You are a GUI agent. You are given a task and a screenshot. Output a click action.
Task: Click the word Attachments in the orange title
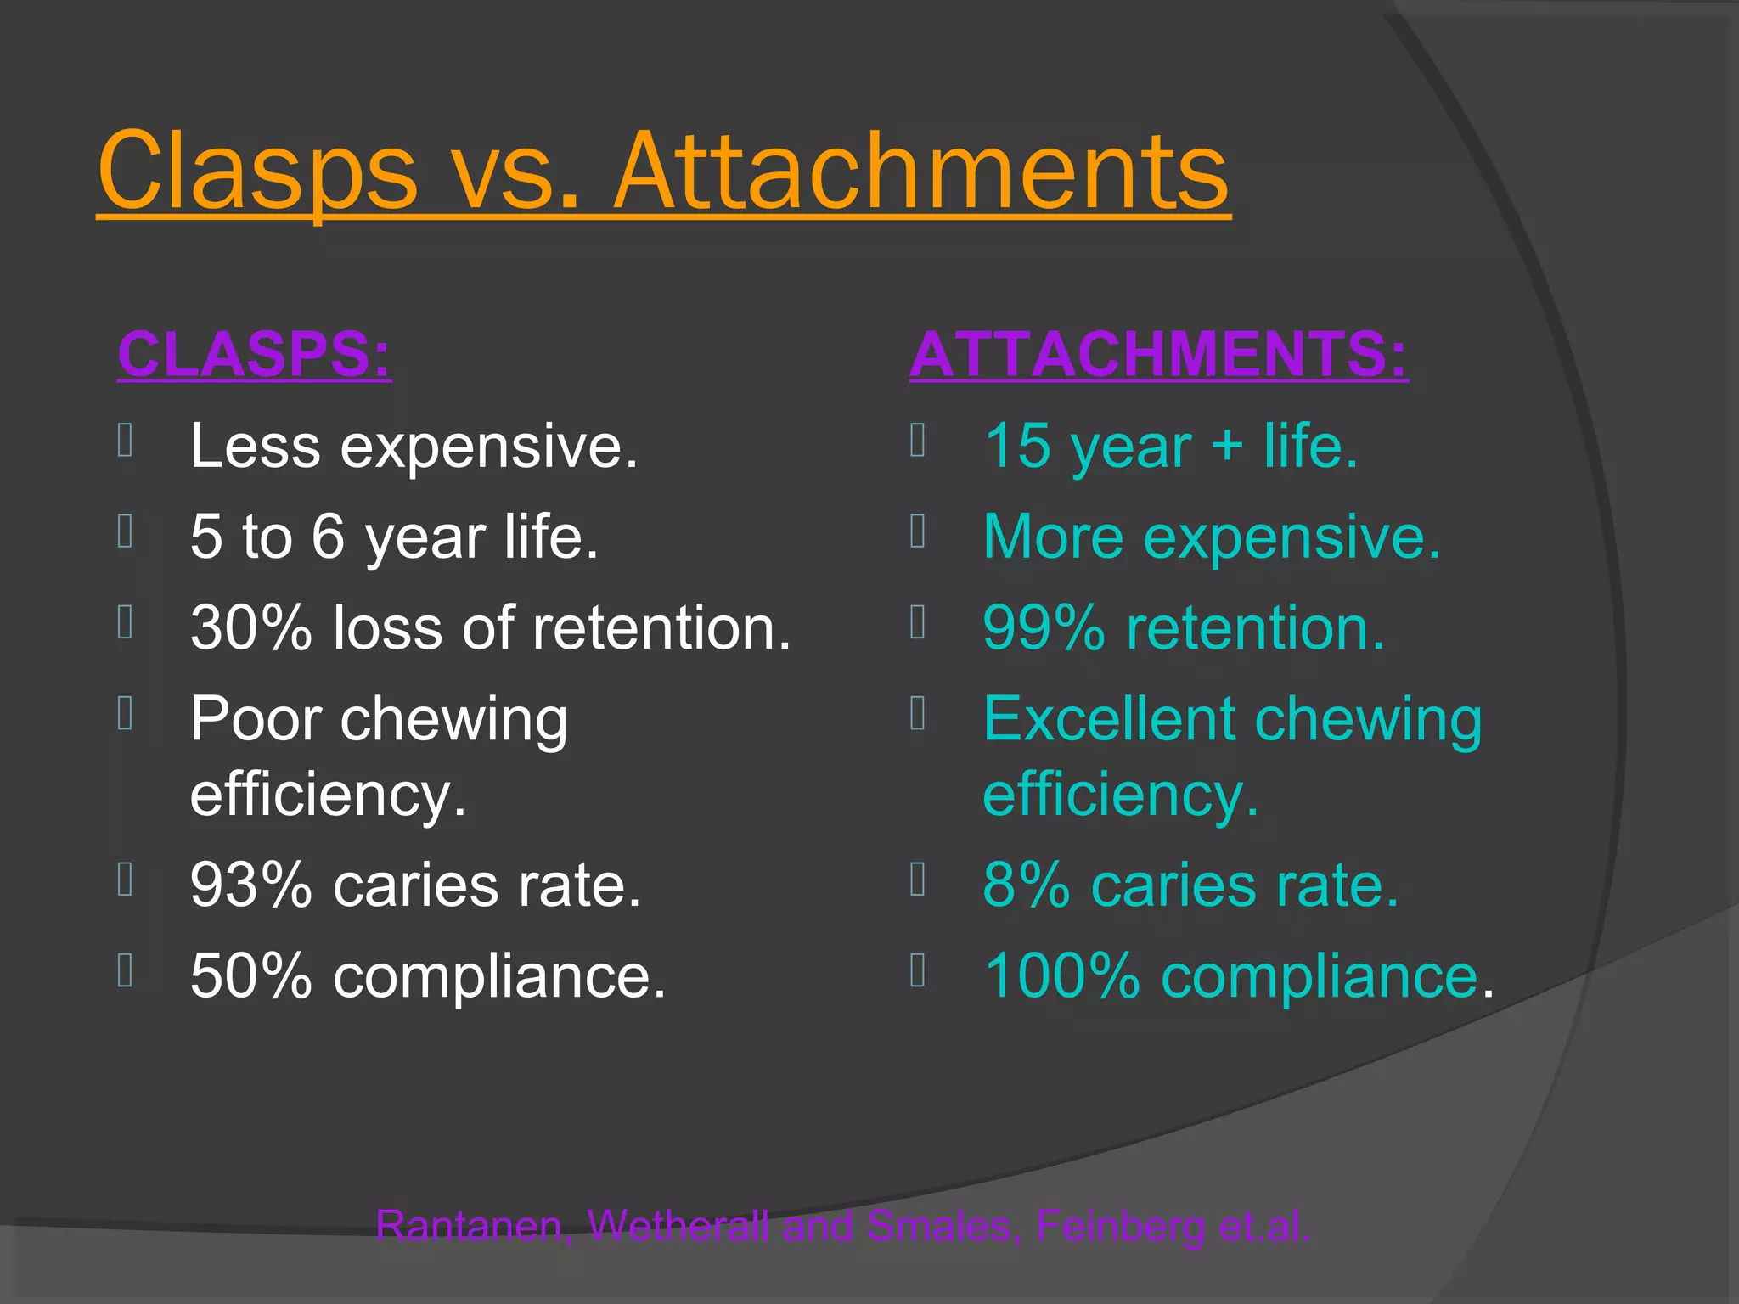click(x=920, y=171)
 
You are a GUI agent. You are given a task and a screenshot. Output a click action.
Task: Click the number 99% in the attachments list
click(x=1044, y=628)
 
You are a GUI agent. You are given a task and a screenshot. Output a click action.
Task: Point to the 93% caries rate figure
click(x=251, y=885)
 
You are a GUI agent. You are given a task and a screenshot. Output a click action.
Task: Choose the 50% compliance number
click(x=251, y=976)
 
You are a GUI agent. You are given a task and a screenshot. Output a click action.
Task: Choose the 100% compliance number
click(x=1061, y=976)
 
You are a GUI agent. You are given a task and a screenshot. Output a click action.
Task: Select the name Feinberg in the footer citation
click(x=1120, y=1226)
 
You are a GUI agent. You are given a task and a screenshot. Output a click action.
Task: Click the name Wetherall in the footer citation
click(x=678, y=1226)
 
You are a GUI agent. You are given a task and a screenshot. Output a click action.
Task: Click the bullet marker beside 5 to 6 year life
click(x=125, y=532)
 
